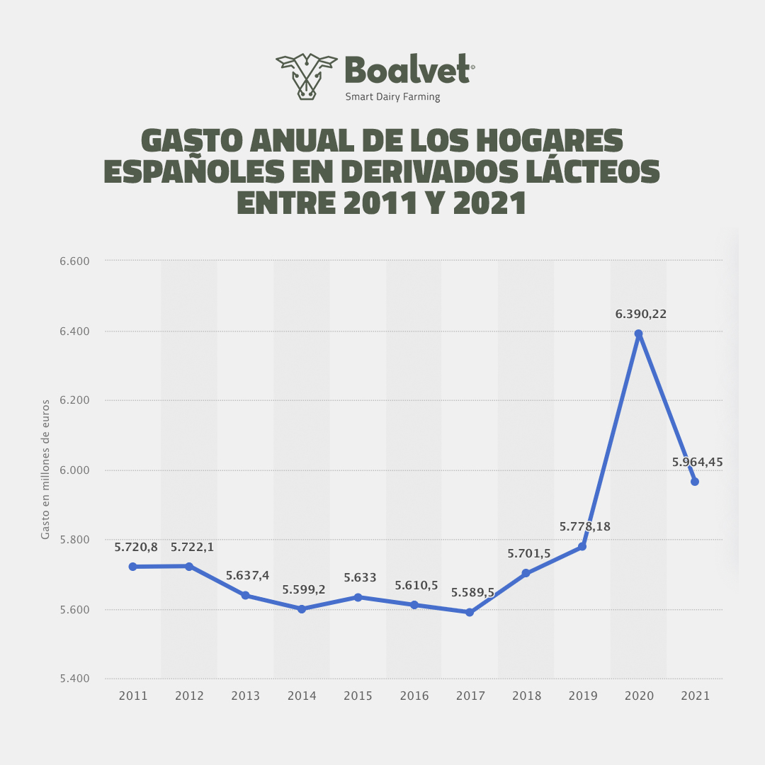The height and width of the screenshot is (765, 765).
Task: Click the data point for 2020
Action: tap(638, 334)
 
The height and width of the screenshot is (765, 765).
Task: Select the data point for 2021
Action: tap(695, 482)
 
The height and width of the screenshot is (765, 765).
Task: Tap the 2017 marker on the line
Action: tap(470, 612)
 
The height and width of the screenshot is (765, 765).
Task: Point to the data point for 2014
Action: tap(302, 608)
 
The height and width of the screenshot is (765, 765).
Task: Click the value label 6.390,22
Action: tap(641, 314)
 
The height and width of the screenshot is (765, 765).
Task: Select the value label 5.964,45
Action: tap(697, 462)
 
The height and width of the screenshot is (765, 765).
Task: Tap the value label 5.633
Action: tap(360, 578)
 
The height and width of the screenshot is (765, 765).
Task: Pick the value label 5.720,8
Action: tap(135, 548)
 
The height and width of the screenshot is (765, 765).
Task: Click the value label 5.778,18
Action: tap(584, 526)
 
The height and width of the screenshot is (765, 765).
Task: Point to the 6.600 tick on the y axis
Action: tap(74, 261)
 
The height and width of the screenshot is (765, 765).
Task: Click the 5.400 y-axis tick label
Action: tap(74, 679)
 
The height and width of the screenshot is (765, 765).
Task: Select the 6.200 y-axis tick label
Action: tap(74, 400)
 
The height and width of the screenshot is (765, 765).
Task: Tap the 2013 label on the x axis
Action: tap(245, 696)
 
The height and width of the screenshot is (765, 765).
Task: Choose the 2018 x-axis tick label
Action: tap(526, 696)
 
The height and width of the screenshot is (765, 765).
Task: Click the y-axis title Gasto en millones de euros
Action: tap(45, 470)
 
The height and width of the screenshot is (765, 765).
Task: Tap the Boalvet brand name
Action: tap(409, 70)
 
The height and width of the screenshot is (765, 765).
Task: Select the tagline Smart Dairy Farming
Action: tap(392, 97)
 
